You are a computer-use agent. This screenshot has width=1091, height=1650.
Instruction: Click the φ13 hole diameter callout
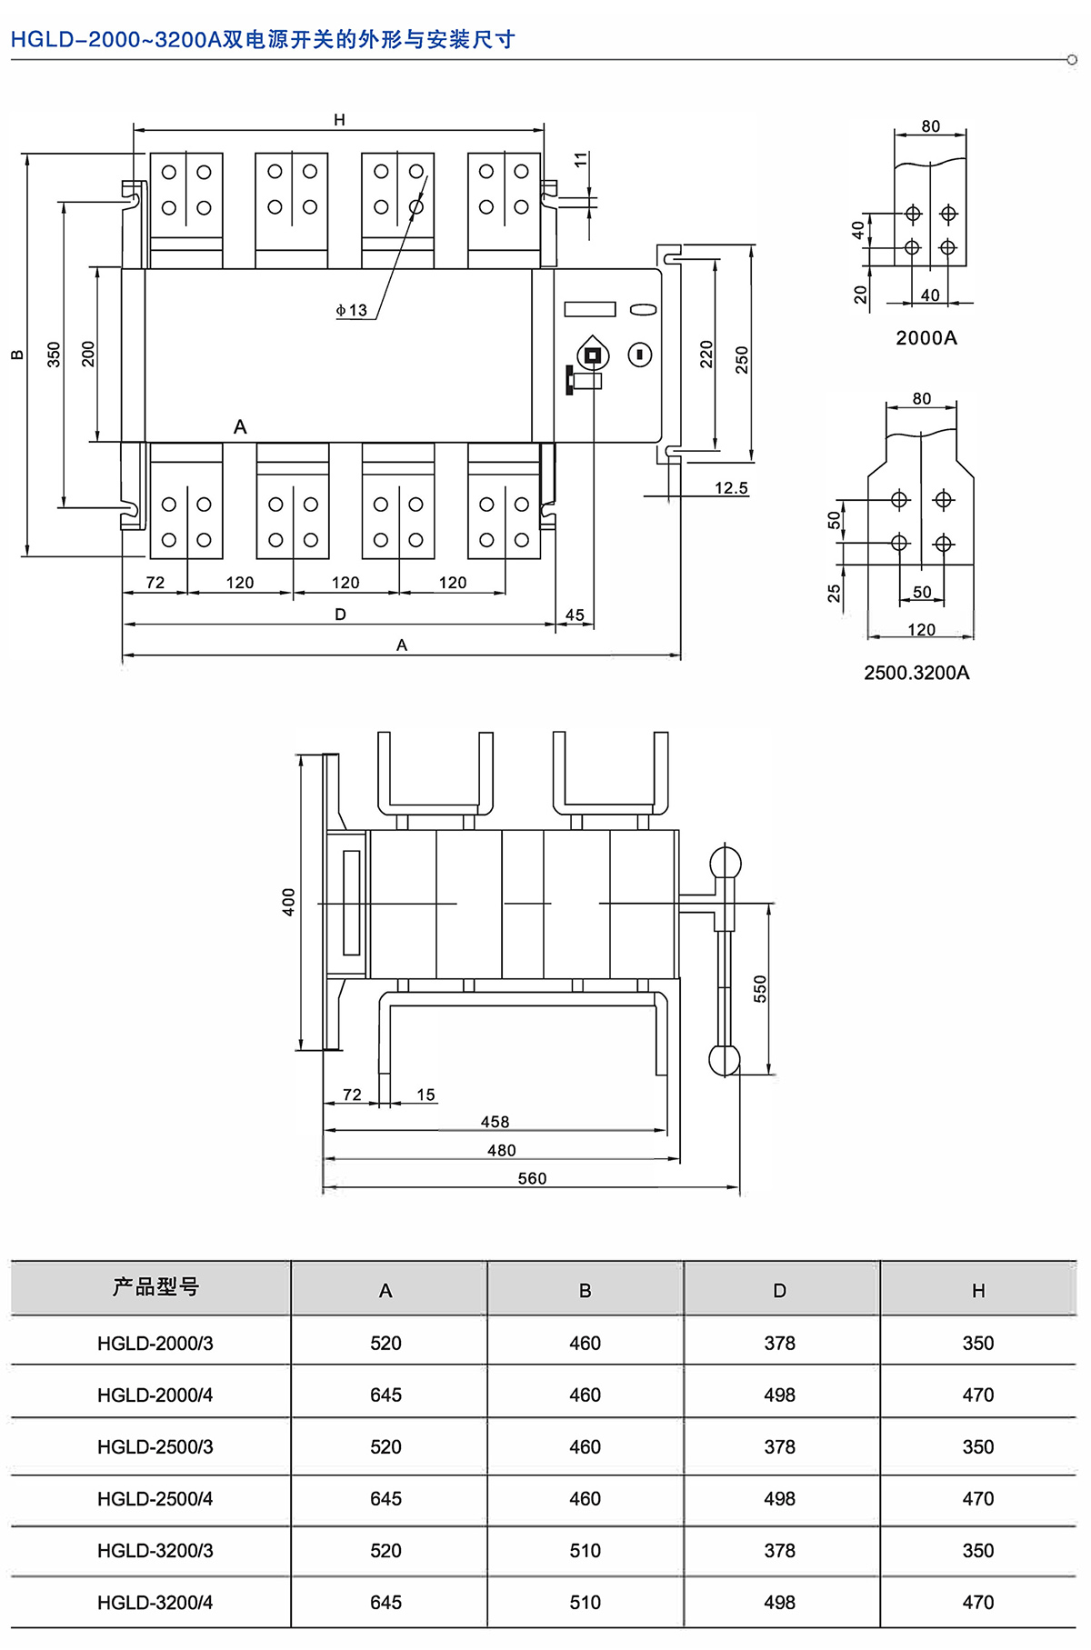coord(352,310)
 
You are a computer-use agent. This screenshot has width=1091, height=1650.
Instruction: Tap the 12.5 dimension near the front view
coord(731,488)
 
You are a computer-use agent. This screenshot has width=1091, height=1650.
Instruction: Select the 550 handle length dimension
coord(760,988)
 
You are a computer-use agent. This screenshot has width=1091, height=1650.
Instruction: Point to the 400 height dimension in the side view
coord(288,902)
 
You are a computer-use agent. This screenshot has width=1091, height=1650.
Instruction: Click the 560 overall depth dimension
coord(532,1178)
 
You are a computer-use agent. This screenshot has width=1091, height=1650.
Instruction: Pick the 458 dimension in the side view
coord(495,1122)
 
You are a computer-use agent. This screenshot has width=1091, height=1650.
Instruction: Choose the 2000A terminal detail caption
coord(926,338)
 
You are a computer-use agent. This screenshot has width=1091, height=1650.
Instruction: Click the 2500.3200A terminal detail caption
coord(916,673)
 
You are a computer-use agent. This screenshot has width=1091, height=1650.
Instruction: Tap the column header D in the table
coord(779,1291)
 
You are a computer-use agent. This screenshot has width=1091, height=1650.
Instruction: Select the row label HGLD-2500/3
coord(155,1446)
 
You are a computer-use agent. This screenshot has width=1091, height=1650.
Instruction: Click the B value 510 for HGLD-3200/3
coord(585,1550)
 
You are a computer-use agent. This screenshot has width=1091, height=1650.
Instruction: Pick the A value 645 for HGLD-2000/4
coord(385,1395)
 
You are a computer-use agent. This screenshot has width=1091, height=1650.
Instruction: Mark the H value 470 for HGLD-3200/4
coord(977,1602)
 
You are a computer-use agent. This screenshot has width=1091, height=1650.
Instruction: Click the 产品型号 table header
coord(155,1287)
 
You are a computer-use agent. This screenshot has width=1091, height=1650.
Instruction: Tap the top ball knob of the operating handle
coord(725,863)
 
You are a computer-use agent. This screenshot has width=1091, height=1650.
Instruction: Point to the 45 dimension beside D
coord(575,615)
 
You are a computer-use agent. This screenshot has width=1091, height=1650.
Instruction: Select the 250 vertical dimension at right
coord(742,359)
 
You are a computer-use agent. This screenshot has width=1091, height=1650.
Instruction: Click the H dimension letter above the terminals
coord(339,120)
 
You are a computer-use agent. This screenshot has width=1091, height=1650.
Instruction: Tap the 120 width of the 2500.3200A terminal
coord(921,630)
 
